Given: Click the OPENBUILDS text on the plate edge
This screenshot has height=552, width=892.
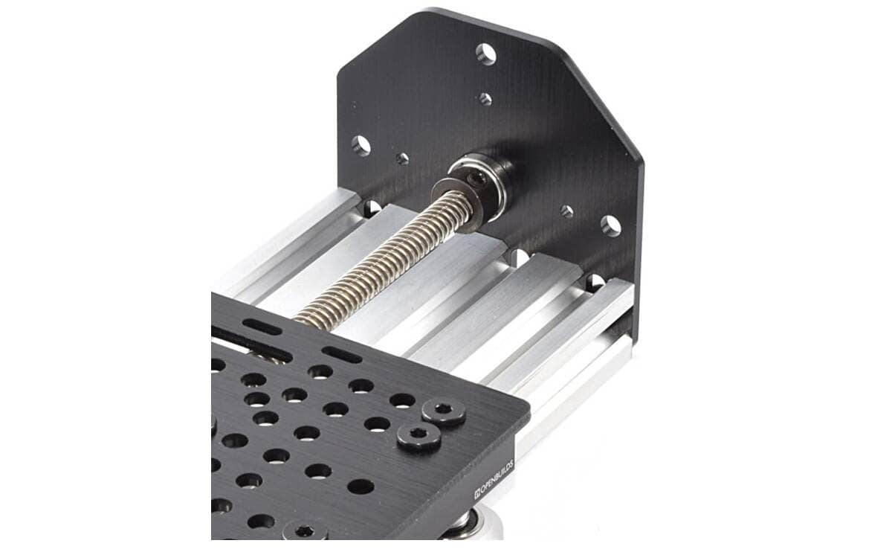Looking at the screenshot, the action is coord(494,478).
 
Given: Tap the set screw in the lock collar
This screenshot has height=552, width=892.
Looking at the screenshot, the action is coord(475,180).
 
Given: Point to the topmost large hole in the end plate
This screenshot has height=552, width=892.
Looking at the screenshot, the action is coord(486,54).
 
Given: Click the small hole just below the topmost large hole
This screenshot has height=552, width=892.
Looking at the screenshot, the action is coord(485,99).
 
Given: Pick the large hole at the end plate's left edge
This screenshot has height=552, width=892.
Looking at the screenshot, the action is coord(361,146).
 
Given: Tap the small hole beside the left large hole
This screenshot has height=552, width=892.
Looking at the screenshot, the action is coord(402,158).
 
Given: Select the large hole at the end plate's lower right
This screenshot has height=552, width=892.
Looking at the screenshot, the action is coord(611,226).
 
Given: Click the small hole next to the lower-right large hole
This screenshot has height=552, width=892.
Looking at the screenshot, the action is coord(566,211).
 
